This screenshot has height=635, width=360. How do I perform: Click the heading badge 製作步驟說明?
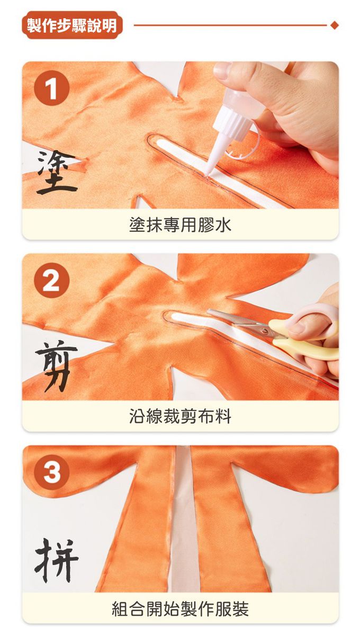pos(72,25)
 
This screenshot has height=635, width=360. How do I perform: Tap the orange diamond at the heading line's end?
pos(335,25)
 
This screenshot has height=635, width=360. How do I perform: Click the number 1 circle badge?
pos(51,88)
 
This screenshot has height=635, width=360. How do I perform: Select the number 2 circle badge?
pos(51,280)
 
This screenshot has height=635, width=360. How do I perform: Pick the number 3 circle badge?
pos(51,472)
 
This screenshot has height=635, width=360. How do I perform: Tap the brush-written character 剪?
pos(56,365)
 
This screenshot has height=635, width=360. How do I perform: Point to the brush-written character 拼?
pos(56,560)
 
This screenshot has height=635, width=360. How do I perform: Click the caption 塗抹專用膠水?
pos(180,225)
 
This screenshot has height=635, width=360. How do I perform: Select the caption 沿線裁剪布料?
pos(180,416)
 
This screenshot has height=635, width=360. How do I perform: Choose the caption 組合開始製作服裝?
pos(180,609)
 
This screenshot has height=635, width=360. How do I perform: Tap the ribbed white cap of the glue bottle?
pos(233,121)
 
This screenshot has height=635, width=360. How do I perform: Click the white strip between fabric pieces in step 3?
pos(184,521)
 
